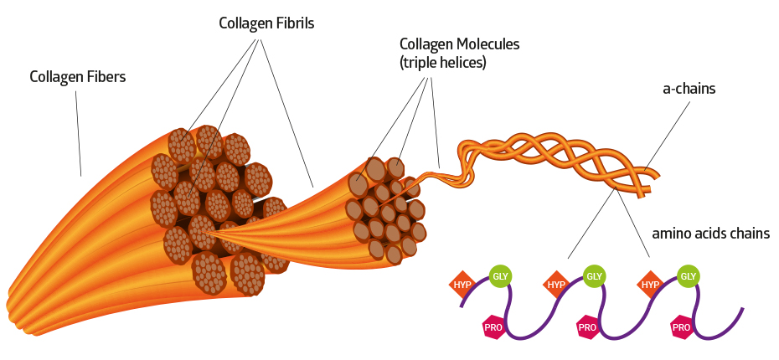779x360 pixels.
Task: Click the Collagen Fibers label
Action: pos(77,77)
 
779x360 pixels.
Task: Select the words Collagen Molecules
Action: pos(459,44)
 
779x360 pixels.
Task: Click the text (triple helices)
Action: pos(443,62)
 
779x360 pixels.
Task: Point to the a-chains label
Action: pos(688,87)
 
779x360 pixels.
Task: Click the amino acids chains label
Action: pos(710,234)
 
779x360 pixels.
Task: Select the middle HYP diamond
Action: pos(556,285)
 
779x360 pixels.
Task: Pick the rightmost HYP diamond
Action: pos(650,285)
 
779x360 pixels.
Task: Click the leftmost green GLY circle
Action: pos(500,275)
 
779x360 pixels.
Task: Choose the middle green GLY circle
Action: pos(594,275)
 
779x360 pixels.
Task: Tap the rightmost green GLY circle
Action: pos(688,275)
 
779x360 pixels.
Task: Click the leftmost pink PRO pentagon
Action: pos(493,327)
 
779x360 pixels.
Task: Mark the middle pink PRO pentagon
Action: pos(587,327)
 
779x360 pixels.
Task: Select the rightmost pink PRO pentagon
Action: pos(681,327)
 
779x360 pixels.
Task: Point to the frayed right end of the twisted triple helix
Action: pos(654,177)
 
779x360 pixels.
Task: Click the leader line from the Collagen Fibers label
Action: pos(79,134)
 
